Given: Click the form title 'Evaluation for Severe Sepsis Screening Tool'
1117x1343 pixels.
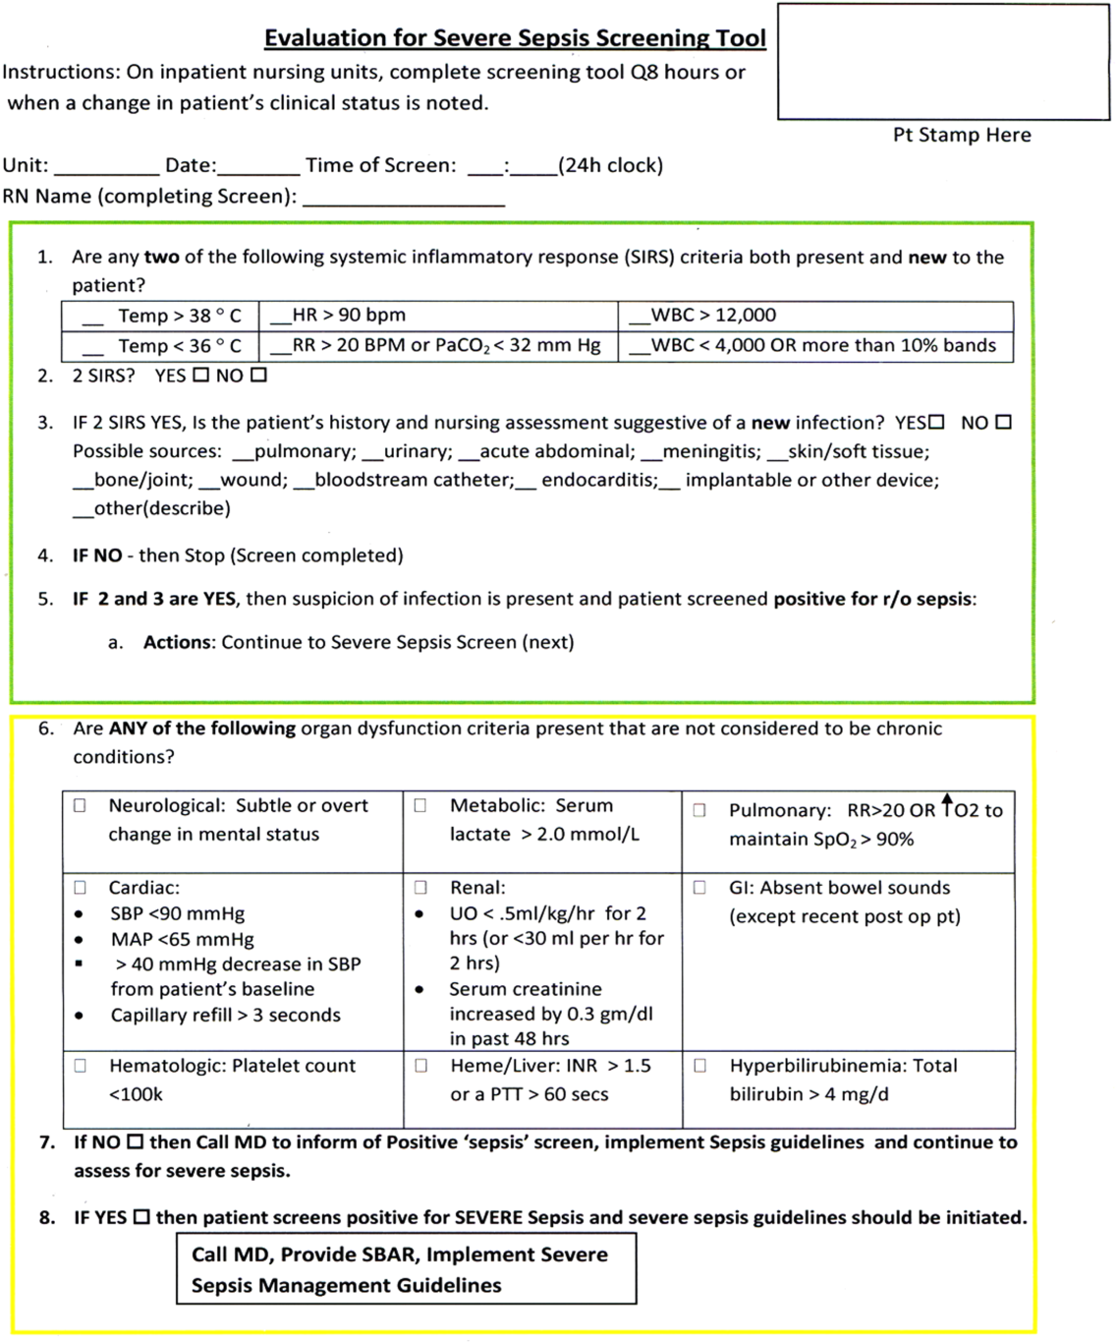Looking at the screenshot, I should (515, 38).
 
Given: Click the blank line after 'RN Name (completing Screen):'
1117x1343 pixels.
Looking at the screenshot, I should (404, 198).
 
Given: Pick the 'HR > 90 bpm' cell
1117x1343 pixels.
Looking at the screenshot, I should (438, 316).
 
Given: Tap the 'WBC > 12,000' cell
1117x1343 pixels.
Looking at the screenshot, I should (815, 316).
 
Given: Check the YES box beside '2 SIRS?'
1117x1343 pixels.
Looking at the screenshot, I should (200, 376).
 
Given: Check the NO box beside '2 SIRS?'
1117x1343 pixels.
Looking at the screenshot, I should (258, 376).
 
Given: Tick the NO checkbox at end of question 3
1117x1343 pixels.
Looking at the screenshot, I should (1003, 423).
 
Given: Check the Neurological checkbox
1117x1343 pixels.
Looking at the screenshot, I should (80, 805).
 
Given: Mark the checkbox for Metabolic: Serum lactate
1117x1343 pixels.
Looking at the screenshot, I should (420, 805).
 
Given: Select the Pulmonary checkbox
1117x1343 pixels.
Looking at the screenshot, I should (699, 810).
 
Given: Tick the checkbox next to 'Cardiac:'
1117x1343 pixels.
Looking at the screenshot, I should (80, 888).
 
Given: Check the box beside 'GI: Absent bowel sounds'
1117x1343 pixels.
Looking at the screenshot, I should (699, 888).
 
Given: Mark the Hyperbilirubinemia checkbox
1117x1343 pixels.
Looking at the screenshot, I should (699, 1066).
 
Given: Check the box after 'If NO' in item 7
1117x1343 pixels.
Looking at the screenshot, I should (135, 1142).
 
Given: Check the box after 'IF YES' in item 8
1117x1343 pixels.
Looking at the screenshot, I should (141, 1217).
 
